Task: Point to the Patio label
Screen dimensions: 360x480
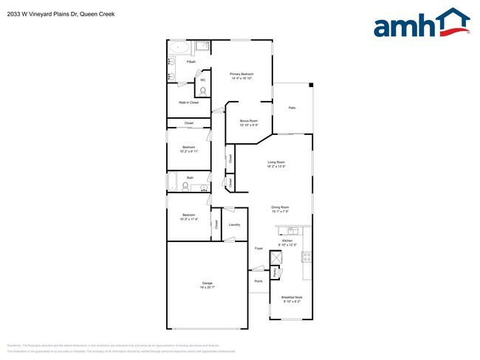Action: coord(292,108)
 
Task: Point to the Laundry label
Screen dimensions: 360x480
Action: coord(234,224)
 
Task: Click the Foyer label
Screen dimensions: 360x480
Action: coord(258,249)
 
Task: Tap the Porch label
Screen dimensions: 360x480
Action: coord(258,281)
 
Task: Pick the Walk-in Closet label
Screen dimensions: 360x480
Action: coord(188,103)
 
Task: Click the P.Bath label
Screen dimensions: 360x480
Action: coord(191,62)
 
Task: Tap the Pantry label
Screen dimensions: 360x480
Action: coord(275,272)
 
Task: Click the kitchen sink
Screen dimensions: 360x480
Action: coord(292,230)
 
